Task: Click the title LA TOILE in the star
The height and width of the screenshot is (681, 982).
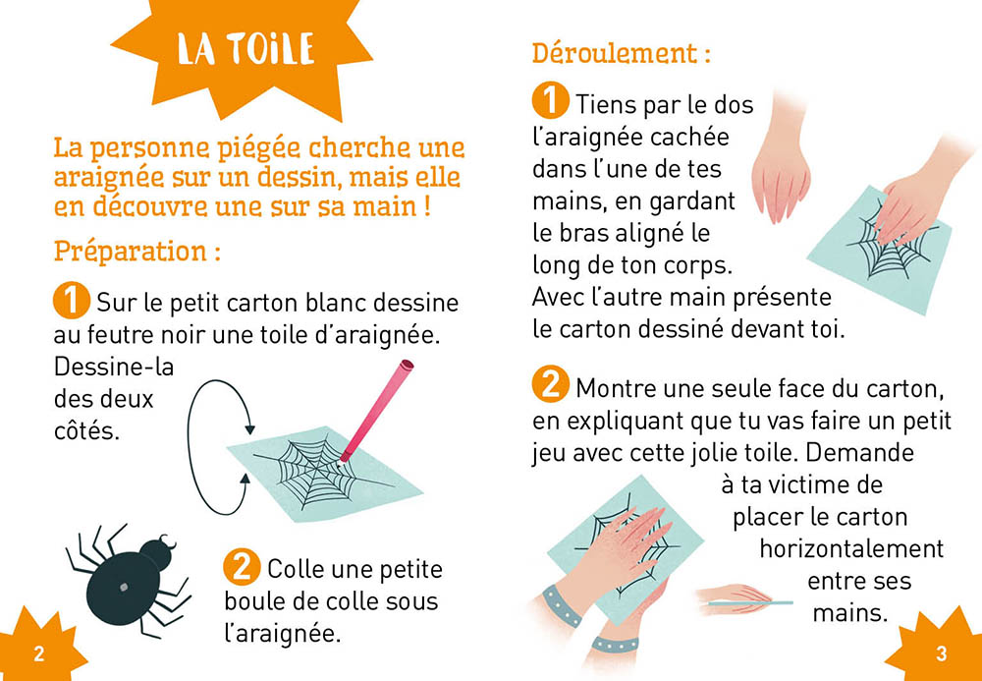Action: pos(245,49)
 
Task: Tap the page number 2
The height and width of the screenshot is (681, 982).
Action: pos(39,654)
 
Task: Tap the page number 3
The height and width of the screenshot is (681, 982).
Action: pos(942,654)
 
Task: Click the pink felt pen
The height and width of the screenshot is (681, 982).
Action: pos(375,412)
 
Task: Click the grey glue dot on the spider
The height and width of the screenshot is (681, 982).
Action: pos(124,588)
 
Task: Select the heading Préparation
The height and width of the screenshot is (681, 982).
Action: pos(137,252)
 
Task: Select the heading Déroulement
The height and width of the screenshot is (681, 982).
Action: pos(622,53)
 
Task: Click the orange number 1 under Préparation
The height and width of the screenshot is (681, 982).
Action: pos(72,302)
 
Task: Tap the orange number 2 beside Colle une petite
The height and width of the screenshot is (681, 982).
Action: pos(242,568)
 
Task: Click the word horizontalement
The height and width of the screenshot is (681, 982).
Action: pos(851,548)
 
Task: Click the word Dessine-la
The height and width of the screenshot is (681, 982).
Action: pos(114,368)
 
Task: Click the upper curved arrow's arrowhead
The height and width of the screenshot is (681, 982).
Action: pos(249,429)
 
